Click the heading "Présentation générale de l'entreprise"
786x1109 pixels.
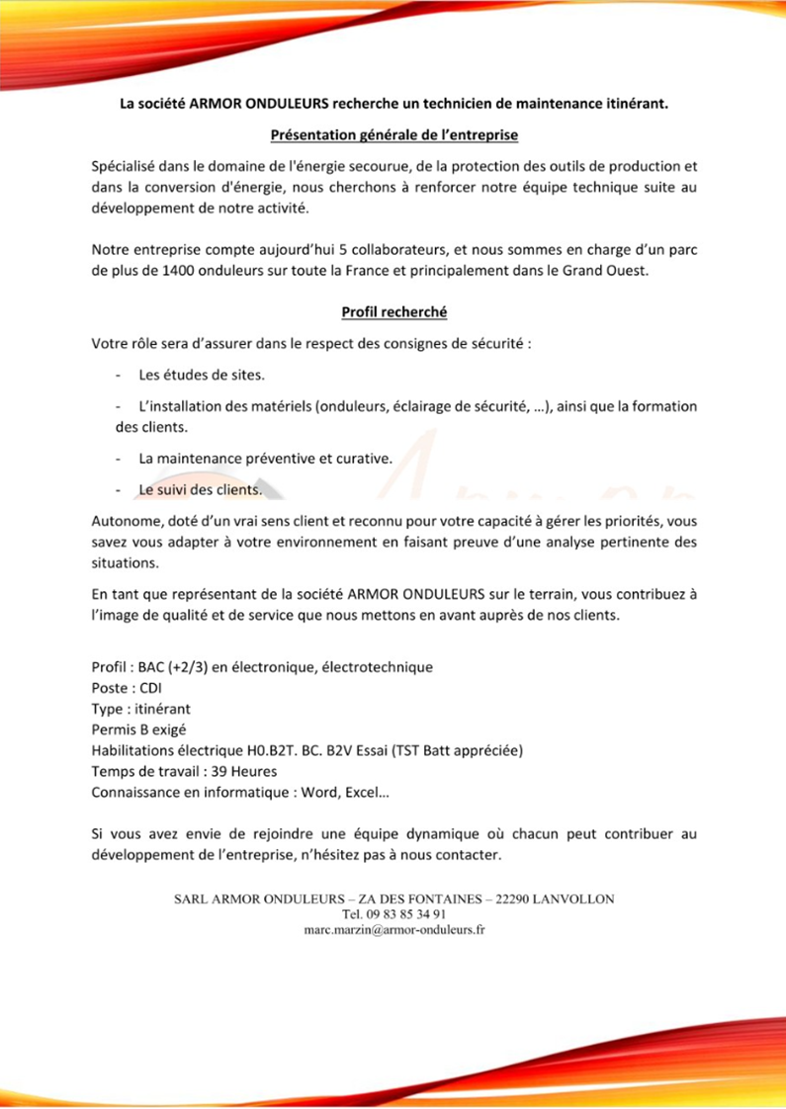point(394,133)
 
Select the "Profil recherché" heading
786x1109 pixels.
point(394,312)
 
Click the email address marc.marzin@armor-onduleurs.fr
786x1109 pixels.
point(393,930)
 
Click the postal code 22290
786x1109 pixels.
point(503,898)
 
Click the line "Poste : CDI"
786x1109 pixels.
point(127,688)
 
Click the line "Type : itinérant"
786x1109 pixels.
point(140,709)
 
